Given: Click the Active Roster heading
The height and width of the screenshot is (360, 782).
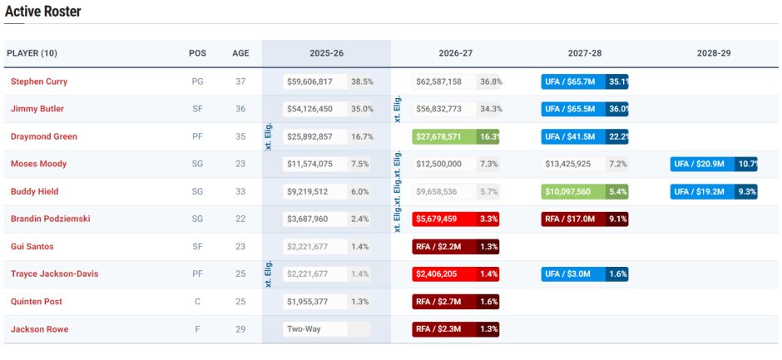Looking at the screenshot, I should [x=43, y=12].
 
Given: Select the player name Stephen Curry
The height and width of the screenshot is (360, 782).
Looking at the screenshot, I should [x=39, y=81].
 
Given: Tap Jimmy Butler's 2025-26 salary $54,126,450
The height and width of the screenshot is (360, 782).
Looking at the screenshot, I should [x=309, y=109].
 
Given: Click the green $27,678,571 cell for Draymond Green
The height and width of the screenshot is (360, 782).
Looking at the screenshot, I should [x=443, y=136].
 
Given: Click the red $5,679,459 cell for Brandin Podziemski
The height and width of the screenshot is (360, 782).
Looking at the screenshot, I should [x=443, y=219].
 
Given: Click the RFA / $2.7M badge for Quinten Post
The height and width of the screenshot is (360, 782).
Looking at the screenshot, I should [x=443, y=302].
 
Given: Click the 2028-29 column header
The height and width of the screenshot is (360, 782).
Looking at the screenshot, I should [x=714, y=53].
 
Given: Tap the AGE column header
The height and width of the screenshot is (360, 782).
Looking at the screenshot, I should [x=240, y=53].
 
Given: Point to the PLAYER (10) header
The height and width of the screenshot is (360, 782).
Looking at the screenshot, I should [x=32, y=53].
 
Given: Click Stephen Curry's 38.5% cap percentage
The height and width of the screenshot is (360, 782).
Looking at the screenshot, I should [x=362, y=81].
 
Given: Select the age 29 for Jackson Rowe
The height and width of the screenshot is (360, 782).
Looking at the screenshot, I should [x=240, y=329].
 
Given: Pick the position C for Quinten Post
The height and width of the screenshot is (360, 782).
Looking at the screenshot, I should [x=197, y=302].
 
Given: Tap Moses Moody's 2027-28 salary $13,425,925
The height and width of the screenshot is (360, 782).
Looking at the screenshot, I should [x=568, y=164].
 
